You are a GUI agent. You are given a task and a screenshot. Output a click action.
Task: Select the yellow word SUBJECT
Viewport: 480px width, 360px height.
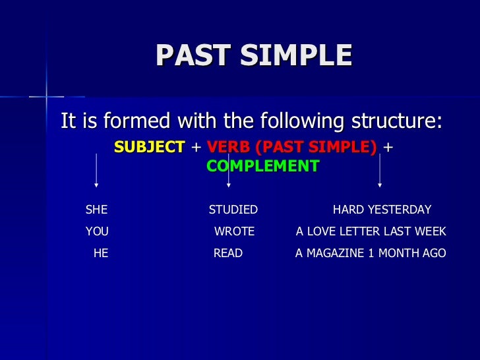click(150, 147)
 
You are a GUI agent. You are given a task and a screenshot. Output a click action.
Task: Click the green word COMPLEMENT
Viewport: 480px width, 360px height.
click(262, 166)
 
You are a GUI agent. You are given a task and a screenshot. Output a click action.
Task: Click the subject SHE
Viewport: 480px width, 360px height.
click(96, 210)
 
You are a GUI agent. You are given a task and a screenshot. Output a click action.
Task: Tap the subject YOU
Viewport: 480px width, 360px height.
click(97, 231)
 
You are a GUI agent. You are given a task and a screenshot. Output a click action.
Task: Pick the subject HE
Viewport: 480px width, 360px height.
click(101, 253)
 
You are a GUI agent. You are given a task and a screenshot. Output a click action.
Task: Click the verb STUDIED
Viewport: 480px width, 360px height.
click(233, 210)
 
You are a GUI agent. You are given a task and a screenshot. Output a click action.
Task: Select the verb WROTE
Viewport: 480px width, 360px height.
click(234, 231)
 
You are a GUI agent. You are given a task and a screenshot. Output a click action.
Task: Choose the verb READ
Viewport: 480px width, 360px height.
click(228, 253)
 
